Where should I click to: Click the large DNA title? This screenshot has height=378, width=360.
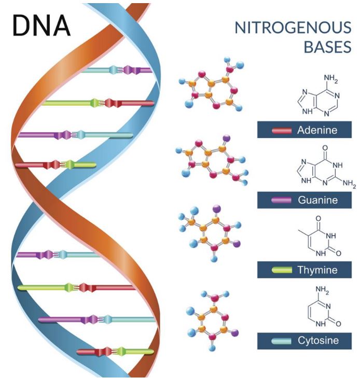pyautogui.click(x=41, y=25)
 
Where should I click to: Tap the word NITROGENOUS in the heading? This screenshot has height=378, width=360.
pyautogui.click(x=293, y=27)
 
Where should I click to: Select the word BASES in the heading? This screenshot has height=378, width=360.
pyautogui.click(x=327, y=47)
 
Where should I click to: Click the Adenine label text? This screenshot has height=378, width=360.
pyautogui.click(x=317, y=130)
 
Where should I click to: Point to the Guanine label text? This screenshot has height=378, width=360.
pyautogui.click(x=317, y=200)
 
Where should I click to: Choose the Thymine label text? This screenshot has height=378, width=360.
pyautogui.click(x=317, y=270)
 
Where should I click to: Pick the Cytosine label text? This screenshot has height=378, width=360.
pyautogui.click(x=318, y=340)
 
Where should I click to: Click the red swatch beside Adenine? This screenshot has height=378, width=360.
pyautogui.click(x=282, y=131)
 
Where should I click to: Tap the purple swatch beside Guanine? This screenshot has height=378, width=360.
pyautogui.click(x=281, y=200)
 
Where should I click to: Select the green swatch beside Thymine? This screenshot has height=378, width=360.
pyautogui.click(x=282, y=270)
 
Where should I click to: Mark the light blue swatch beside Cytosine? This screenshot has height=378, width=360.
pyautogui.click(x=281, y=341)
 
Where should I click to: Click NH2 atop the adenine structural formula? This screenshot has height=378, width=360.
pyautogui.click(x=330, y=78)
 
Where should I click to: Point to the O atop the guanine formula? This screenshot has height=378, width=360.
pyautogui.click(x=325, y=148)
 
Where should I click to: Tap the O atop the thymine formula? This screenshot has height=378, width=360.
pyautogui.click(x=319, y=218)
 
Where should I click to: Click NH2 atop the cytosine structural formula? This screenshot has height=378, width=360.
pyautogui.click(x=322, y=290)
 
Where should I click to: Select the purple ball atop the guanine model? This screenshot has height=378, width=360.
pyautogui.click(x=226, y=138)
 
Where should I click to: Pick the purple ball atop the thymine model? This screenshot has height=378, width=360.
pyautogui.click(x=216, y=208)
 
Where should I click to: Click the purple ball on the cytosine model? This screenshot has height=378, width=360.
pyautogui.click(x=234, y=333)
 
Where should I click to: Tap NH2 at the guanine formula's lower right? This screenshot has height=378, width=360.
pyautogui.click(x=349, y=184)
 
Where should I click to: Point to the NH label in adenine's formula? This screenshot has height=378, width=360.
pyautogui.click(x=307, y=111)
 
